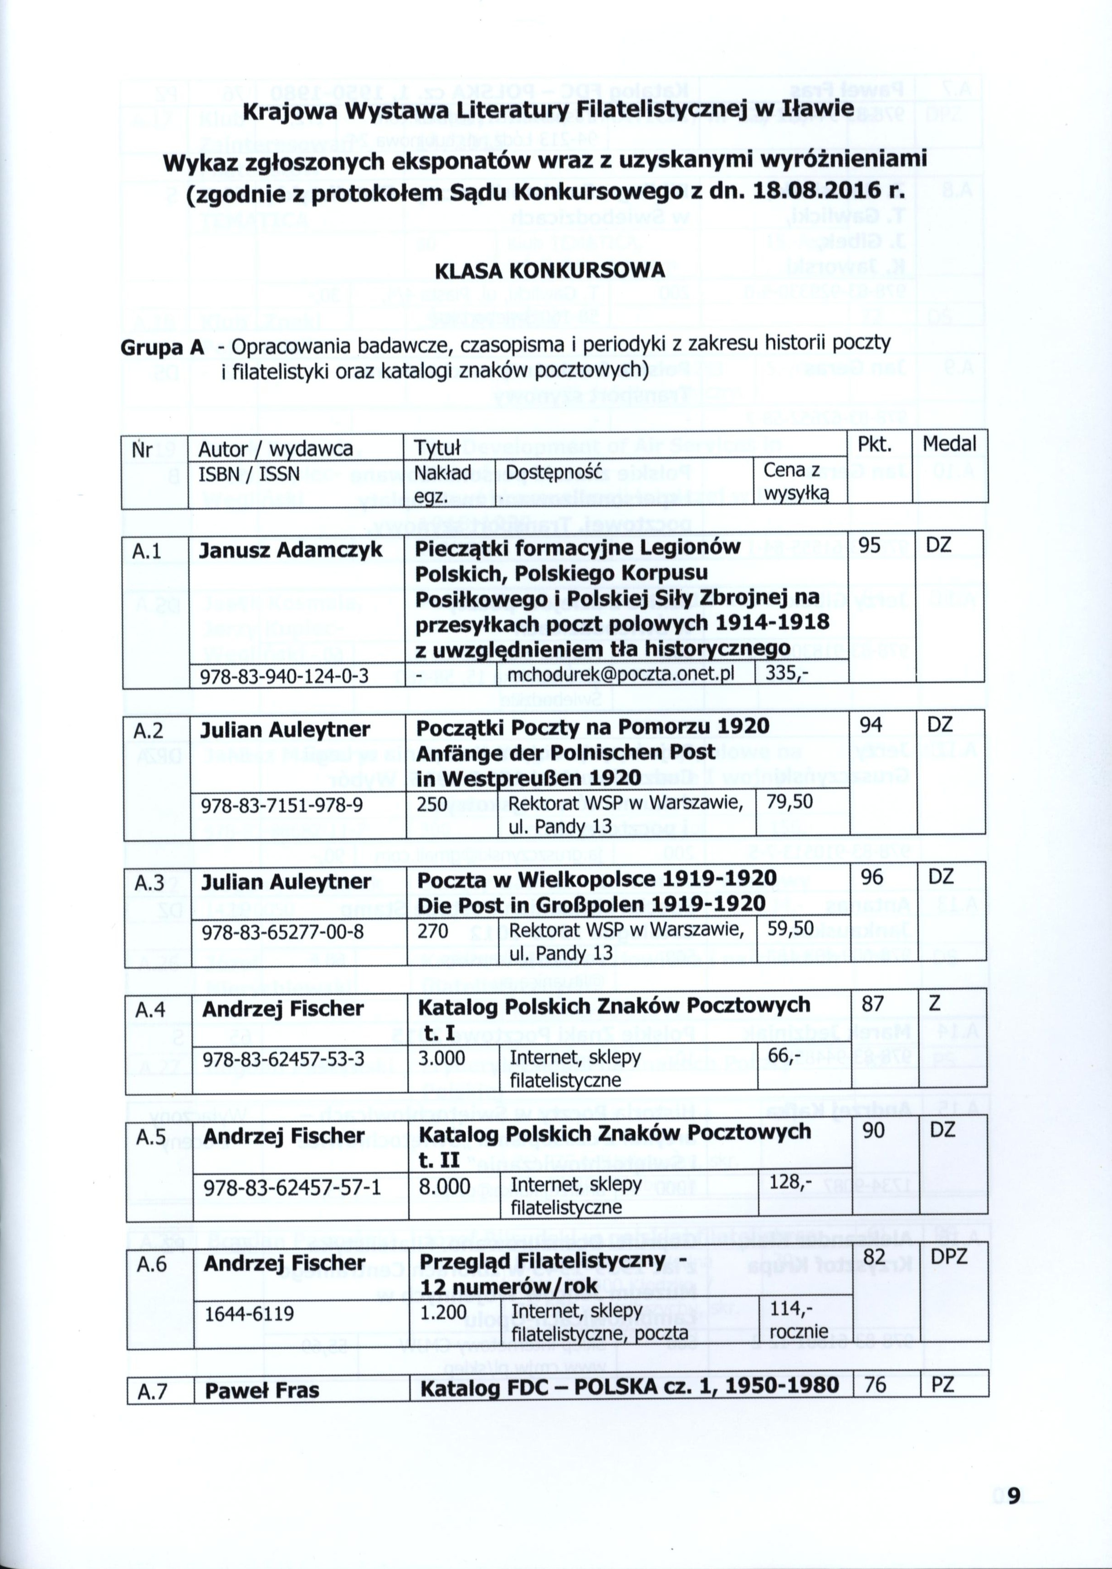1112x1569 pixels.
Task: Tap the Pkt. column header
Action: click(874, 444)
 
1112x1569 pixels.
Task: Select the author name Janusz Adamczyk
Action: click(290, 550)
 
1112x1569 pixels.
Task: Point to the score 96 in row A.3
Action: click(874, 877)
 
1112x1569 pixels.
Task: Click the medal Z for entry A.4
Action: click(935, 1005)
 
